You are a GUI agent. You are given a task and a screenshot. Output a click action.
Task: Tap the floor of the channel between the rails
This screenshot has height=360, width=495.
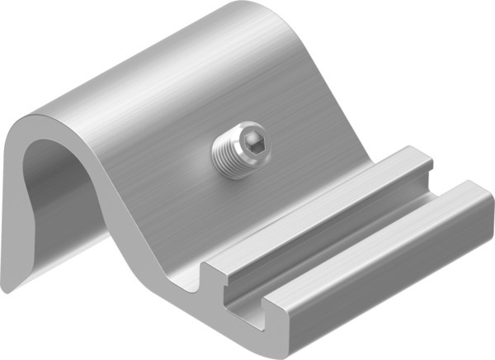[346, 248]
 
